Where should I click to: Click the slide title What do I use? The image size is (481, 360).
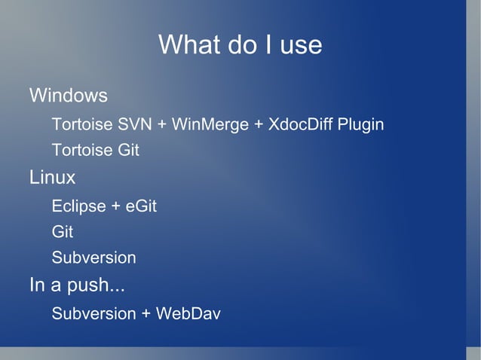tap(240, 45)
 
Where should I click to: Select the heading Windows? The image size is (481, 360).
tap(68, 96)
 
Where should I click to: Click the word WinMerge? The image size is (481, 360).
tap(210, 124)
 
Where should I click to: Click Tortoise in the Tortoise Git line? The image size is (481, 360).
tap(81, 150)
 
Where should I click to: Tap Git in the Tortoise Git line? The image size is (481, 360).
tap(127, 150)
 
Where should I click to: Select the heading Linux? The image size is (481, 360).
tap(52, 178)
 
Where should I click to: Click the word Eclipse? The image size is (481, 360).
tap(79, 206)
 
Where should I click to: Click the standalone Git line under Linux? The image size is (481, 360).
tap(62, 232)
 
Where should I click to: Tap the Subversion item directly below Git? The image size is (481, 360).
tap(93, 258)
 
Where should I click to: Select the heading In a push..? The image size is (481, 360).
tap(77, 286)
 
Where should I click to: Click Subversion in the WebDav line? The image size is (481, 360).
tap(93, 313)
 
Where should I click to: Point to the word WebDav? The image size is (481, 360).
tap(188, 313)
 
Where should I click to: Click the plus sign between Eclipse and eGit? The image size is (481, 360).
tap(116, 206)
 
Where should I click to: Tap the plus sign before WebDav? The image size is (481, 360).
tap(146, 313)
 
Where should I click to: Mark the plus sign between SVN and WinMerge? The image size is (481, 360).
tap(162, 124)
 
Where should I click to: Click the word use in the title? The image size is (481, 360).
tap(300, 46)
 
